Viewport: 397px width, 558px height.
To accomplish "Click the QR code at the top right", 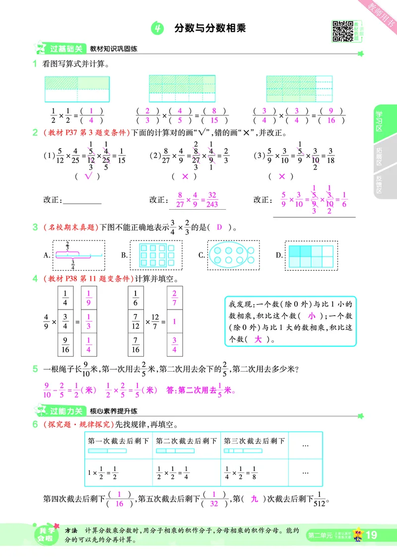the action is tap(340, 30).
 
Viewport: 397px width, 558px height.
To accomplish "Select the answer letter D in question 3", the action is tap(219, 228).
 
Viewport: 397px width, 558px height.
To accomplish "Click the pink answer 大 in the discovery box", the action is tap(258, 339).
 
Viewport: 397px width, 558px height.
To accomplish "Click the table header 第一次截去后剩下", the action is tap(119, 441).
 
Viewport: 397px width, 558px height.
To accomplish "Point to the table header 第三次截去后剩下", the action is tap(255, 441).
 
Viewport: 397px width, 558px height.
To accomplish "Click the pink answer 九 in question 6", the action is tap(255, 499).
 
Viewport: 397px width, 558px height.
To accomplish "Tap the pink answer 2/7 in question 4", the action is tap(175, 299).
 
